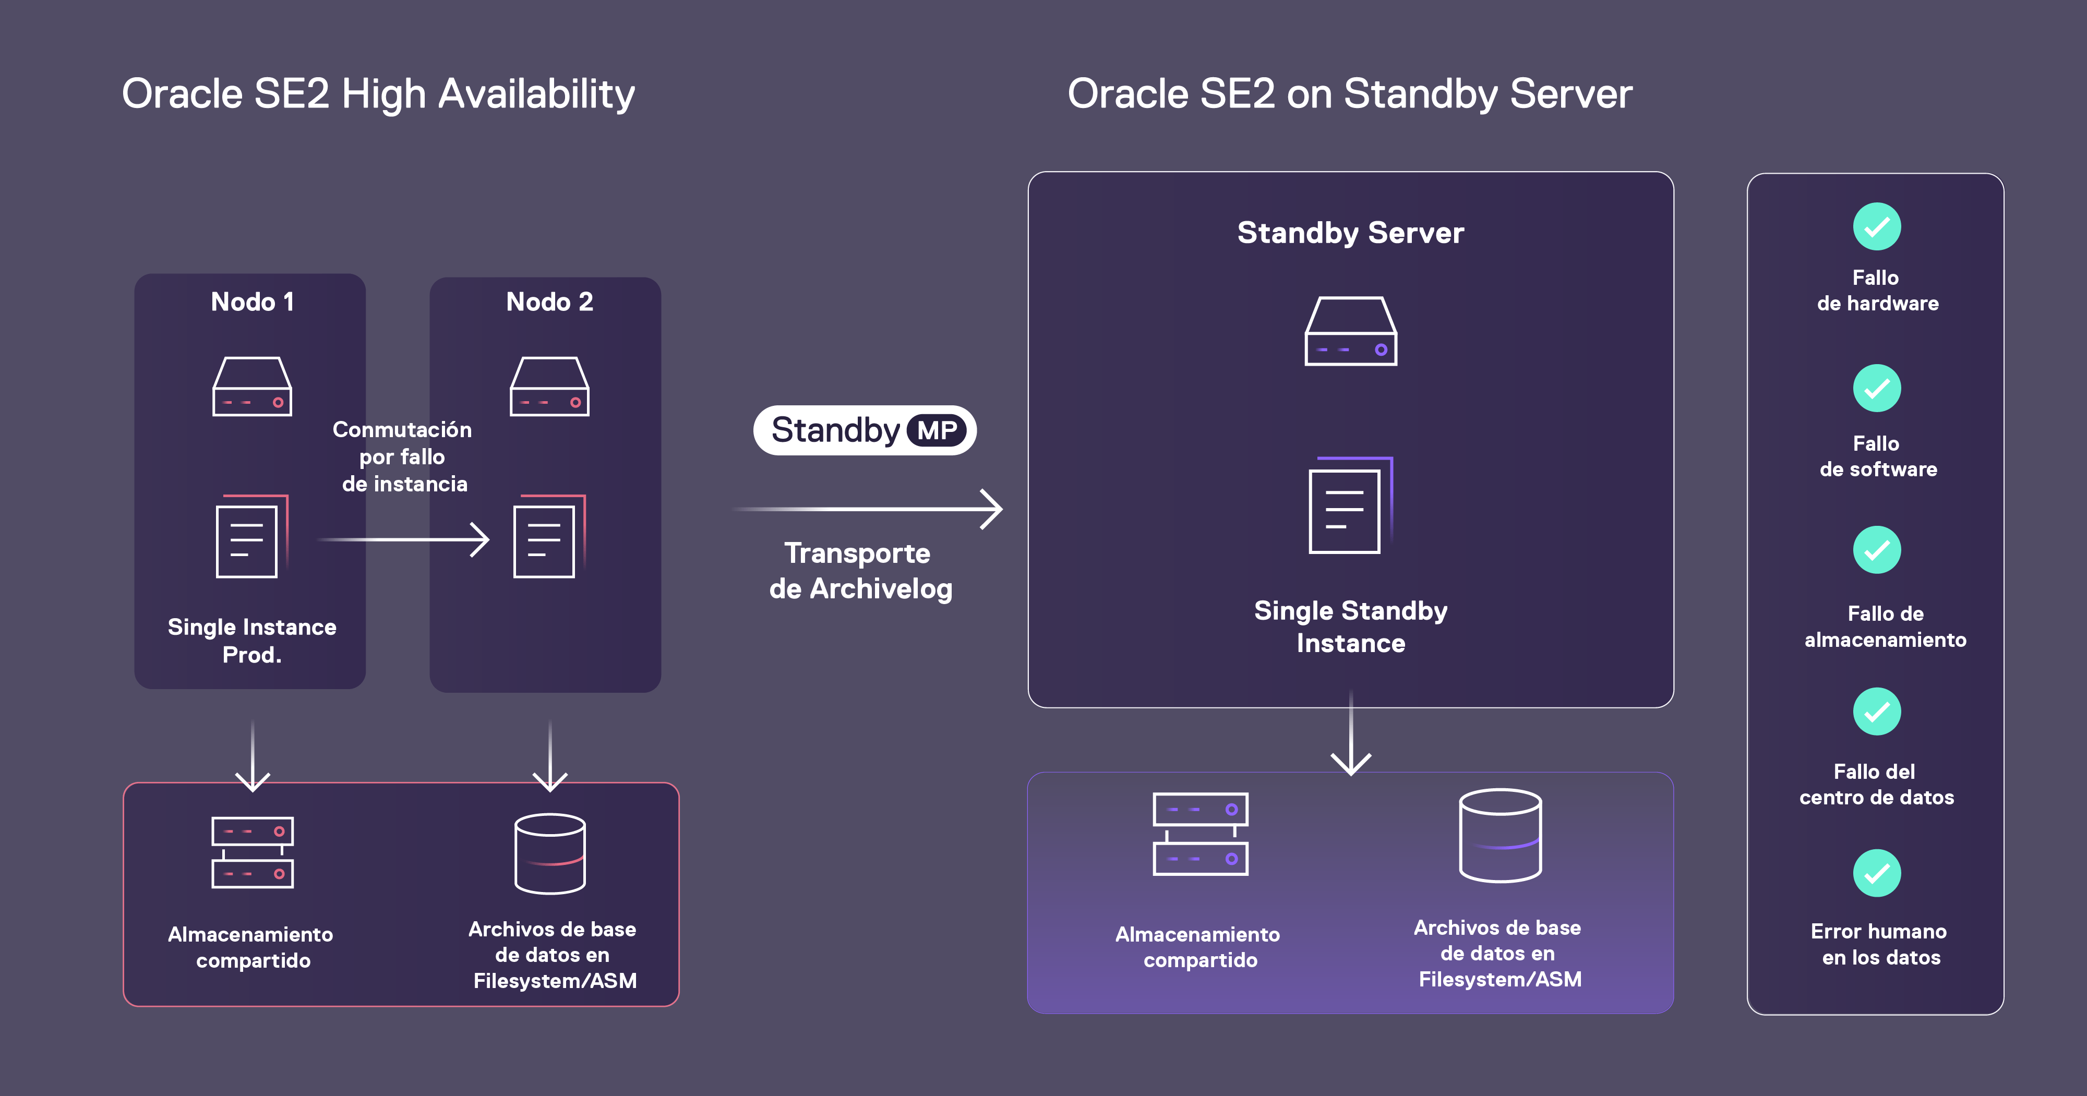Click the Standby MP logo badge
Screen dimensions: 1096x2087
[x=865, y=430]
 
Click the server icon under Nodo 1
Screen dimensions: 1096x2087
[x=252, y=387]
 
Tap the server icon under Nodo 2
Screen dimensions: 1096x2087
[x=549, y=387]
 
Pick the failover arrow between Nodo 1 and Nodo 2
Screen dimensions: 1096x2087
[x=403, y=539]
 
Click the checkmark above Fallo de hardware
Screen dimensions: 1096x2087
[x=1876, y=227]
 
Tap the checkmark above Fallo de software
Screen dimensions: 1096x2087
[x=1876, y=389]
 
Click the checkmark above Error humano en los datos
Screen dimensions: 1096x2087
[x=1876, y=873]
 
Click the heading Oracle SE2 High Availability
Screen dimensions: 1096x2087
[x=378, y=94]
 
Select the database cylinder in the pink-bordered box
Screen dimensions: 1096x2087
[x=550, y=854]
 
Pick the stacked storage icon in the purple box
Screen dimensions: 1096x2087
[x=1200, y=834]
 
